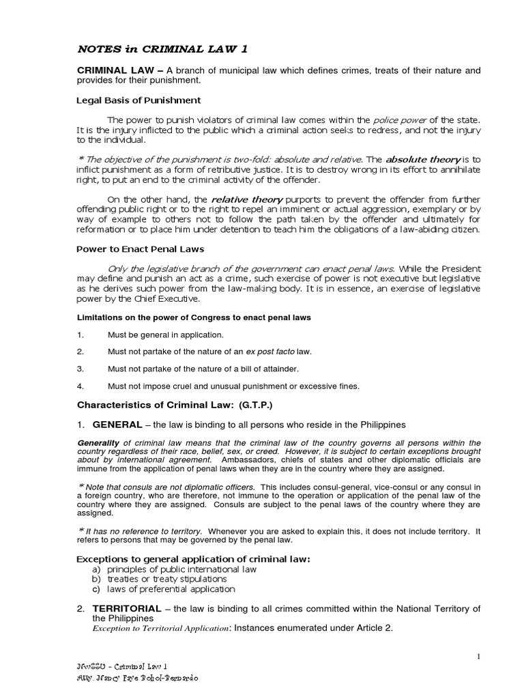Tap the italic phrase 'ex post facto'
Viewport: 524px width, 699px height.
click(270, 352)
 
